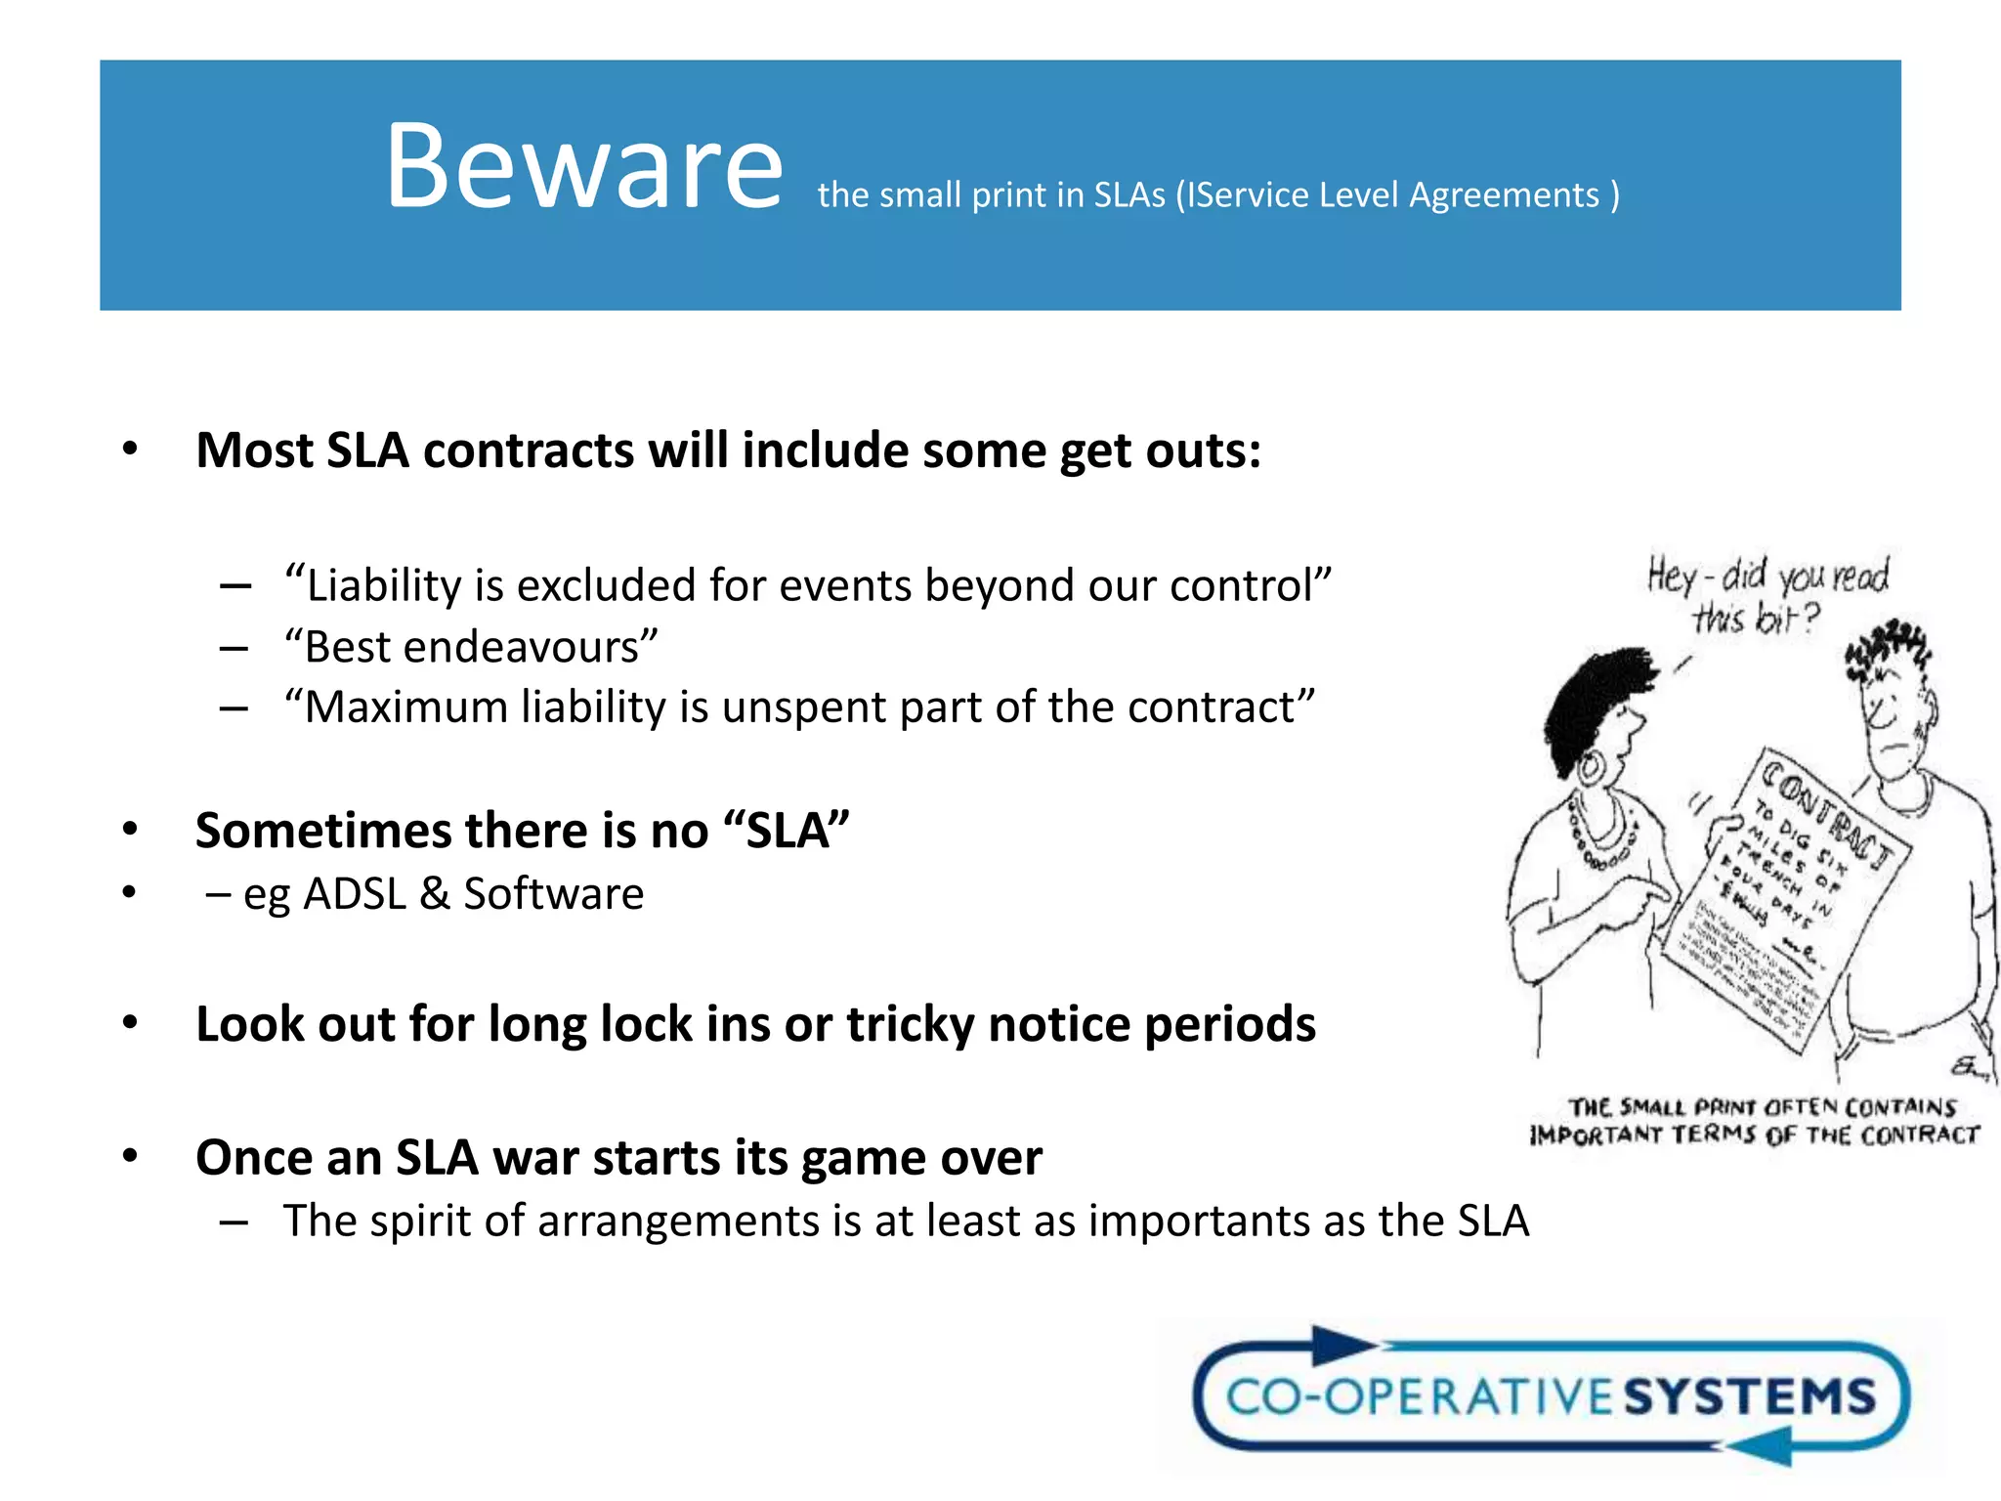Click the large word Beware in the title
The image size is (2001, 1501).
[x=584, y=166]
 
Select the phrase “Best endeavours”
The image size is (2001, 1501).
[x=471, y=647]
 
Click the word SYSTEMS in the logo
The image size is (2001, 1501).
[x=1750, y=1395]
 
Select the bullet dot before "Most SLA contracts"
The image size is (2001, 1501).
[x=130, y=450]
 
